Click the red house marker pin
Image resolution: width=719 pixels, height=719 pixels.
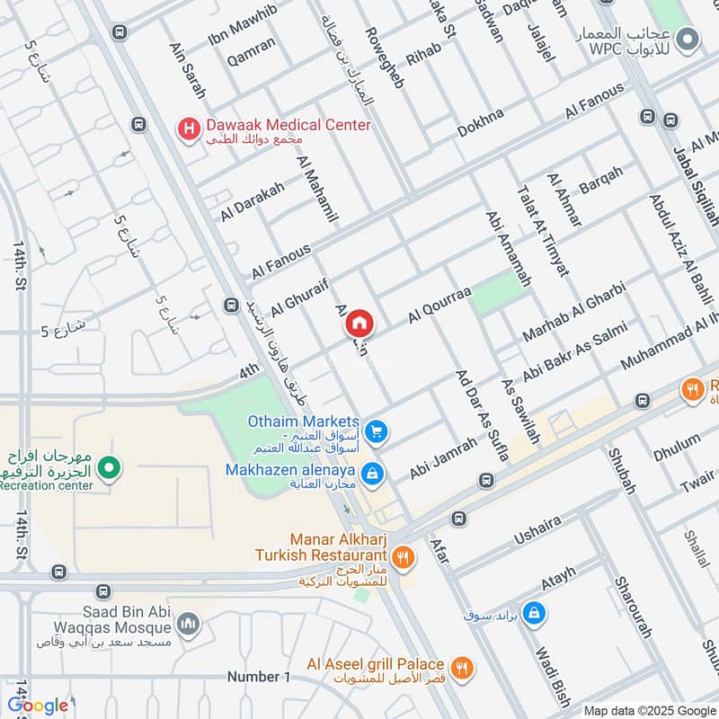click(x=359, y=324)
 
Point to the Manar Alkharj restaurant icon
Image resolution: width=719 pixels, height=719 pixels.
click(x=404, y=556)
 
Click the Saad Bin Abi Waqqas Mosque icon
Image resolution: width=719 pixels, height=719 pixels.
click(x=189, y=624)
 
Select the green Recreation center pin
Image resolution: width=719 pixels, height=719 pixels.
click(x=109, y=467)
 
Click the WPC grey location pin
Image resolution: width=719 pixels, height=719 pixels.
click(x=688, y=39)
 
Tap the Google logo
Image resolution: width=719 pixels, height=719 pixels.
click(x=38, y=706)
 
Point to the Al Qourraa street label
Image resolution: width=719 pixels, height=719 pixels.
click(x=439, y=306)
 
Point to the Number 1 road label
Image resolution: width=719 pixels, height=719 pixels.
click(x=259, y=677)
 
